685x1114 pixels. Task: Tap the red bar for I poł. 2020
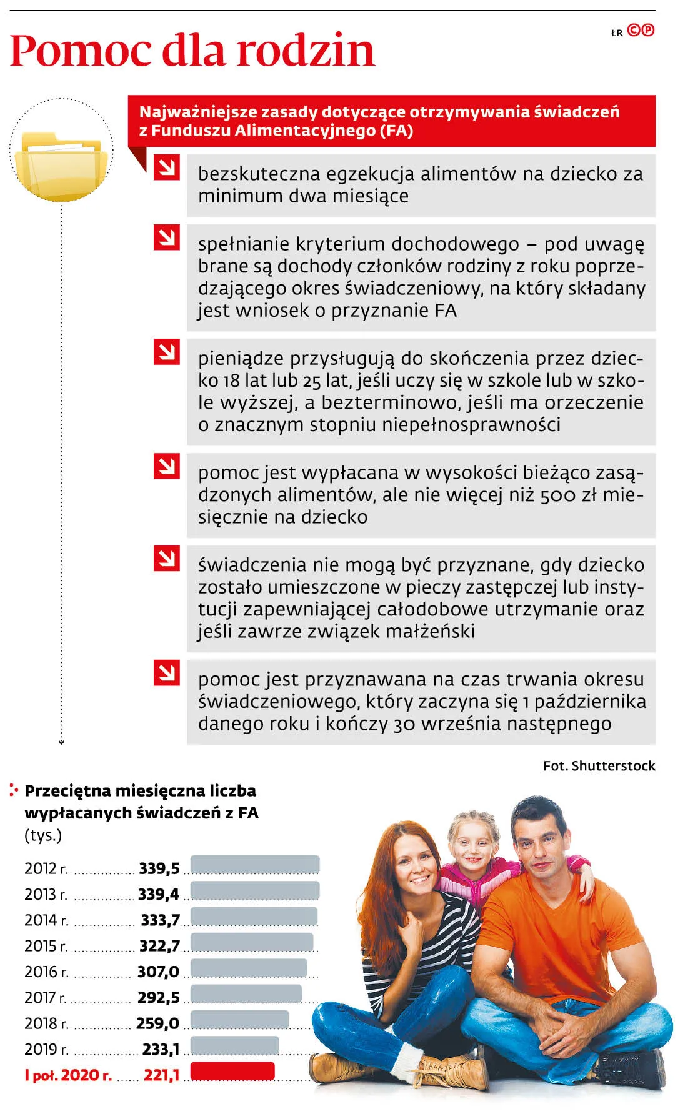[232, 1071]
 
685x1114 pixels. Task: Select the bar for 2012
[254, 865]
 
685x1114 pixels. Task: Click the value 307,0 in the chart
[158, 972]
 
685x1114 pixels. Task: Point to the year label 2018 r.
[46, 1023]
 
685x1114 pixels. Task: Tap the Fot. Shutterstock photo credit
[599, 766]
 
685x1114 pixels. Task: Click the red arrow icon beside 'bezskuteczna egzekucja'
[167, 167]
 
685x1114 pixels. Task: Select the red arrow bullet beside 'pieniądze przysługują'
[167, 352]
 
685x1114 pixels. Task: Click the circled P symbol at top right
[648, 30]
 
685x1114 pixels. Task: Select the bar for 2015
[251, 942]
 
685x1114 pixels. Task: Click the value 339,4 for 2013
[159, 894]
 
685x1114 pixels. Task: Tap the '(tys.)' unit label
[43, 835]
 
